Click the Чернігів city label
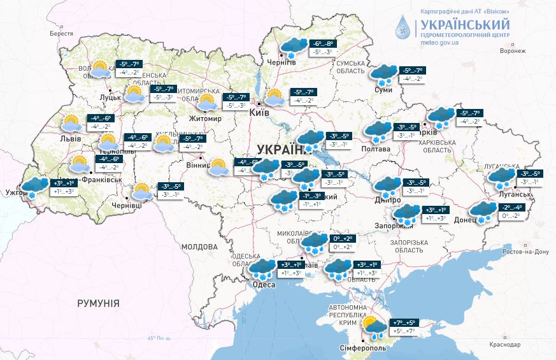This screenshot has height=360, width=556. click(x=282, y=62)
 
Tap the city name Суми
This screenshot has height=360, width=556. click(x=384, y=90)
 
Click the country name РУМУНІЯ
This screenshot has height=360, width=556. click(x=98, y=303)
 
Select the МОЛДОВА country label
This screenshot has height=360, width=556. click(x=199, y=247)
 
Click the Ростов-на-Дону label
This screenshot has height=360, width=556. click(x=525, y=252)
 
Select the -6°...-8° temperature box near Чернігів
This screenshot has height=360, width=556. click(x=321, y=43)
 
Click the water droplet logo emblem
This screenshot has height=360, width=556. click(x=403, y=27)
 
